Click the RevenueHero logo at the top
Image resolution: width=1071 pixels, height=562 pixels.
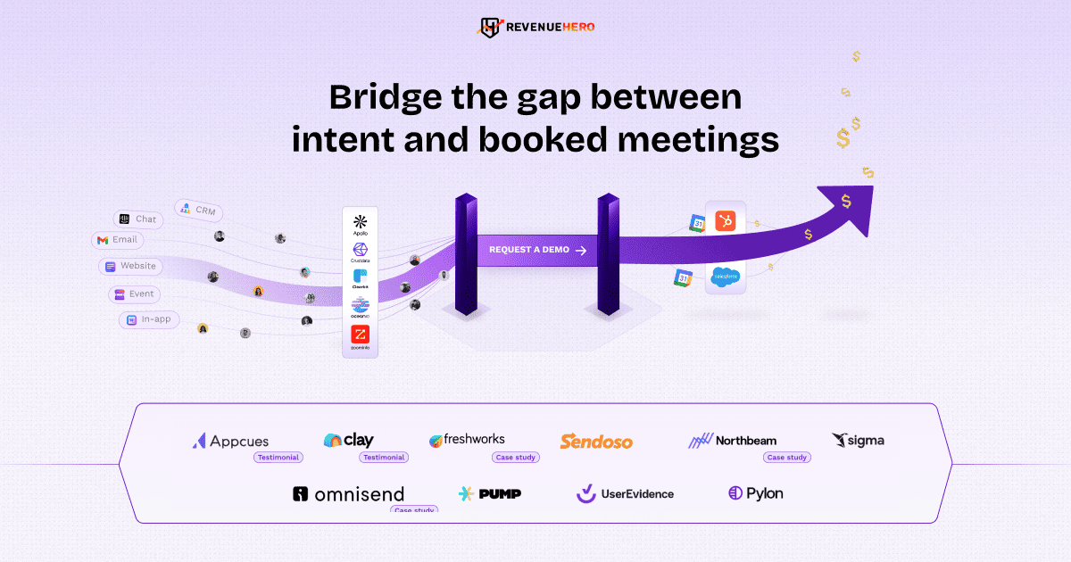pyautogui.click(x=535, y=27)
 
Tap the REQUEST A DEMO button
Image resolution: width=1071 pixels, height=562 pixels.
pyautogui.click(x=536, y=250)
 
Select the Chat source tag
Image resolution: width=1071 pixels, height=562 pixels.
pyautogui.click(x=137, y=219)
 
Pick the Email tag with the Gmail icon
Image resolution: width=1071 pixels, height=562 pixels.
pyautogui.click(x=117, y=240)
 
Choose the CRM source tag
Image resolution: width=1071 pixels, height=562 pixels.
pyautogui.click(x=198, y=211)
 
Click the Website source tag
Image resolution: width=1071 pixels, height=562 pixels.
pyautogui.click(x=130, y=266)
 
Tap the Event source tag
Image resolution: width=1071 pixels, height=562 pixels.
pyautogui.click(x=132, y=293)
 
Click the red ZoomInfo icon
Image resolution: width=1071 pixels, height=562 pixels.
pyautogui.click(x=360, y=335)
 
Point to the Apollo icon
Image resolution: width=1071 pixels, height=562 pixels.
pyautogui.click(x=360, y=222)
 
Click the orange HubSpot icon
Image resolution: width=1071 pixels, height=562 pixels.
pyautogui.click(x=725, y=220)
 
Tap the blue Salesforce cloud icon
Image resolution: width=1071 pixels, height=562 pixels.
pyautogui.click(x=725, y=278)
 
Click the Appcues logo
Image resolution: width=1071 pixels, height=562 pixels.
pyautogui.click(x=230, y=441)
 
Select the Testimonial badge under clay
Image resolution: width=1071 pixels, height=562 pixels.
pyautogui.click(x=383, y=457)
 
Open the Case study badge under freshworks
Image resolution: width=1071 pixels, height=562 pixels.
pyautogui.click(x=516, y=457)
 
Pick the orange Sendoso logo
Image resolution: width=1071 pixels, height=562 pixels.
pyautogui.click(x=596, y=442)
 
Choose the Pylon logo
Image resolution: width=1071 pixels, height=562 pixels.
pyautogui.click(x=755, y=493)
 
